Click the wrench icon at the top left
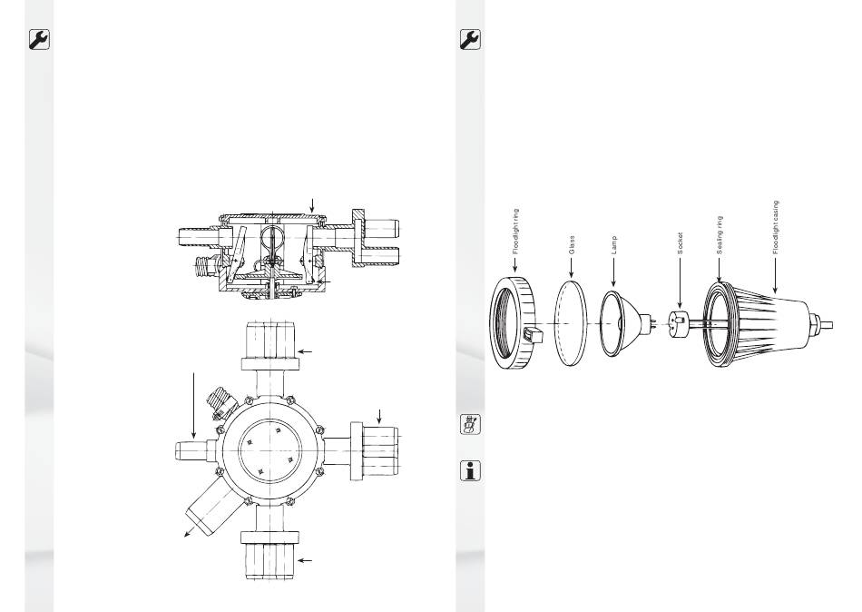point(39,40)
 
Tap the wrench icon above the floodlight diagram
point(470,40)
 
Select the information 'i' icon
point(470,470)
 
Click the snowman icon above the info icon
point(470,424)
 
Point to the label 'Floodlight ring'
point(515,232)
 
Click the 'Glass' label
point(572,245)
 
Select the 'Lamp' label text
point(614,245)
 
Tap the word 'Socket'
point(680,243)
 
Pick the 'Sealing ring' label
point(719,235)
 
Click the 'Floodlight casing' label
point(776,227)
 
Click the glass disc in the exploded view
point(571,322)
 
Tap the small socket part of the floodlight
point(680,321)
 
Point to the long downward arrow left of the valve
point(194,406)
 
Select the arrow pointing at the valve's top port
point(305,351)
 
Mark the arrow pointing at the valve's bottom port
point(305,561)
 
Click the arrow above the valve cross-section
point(312,206)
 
